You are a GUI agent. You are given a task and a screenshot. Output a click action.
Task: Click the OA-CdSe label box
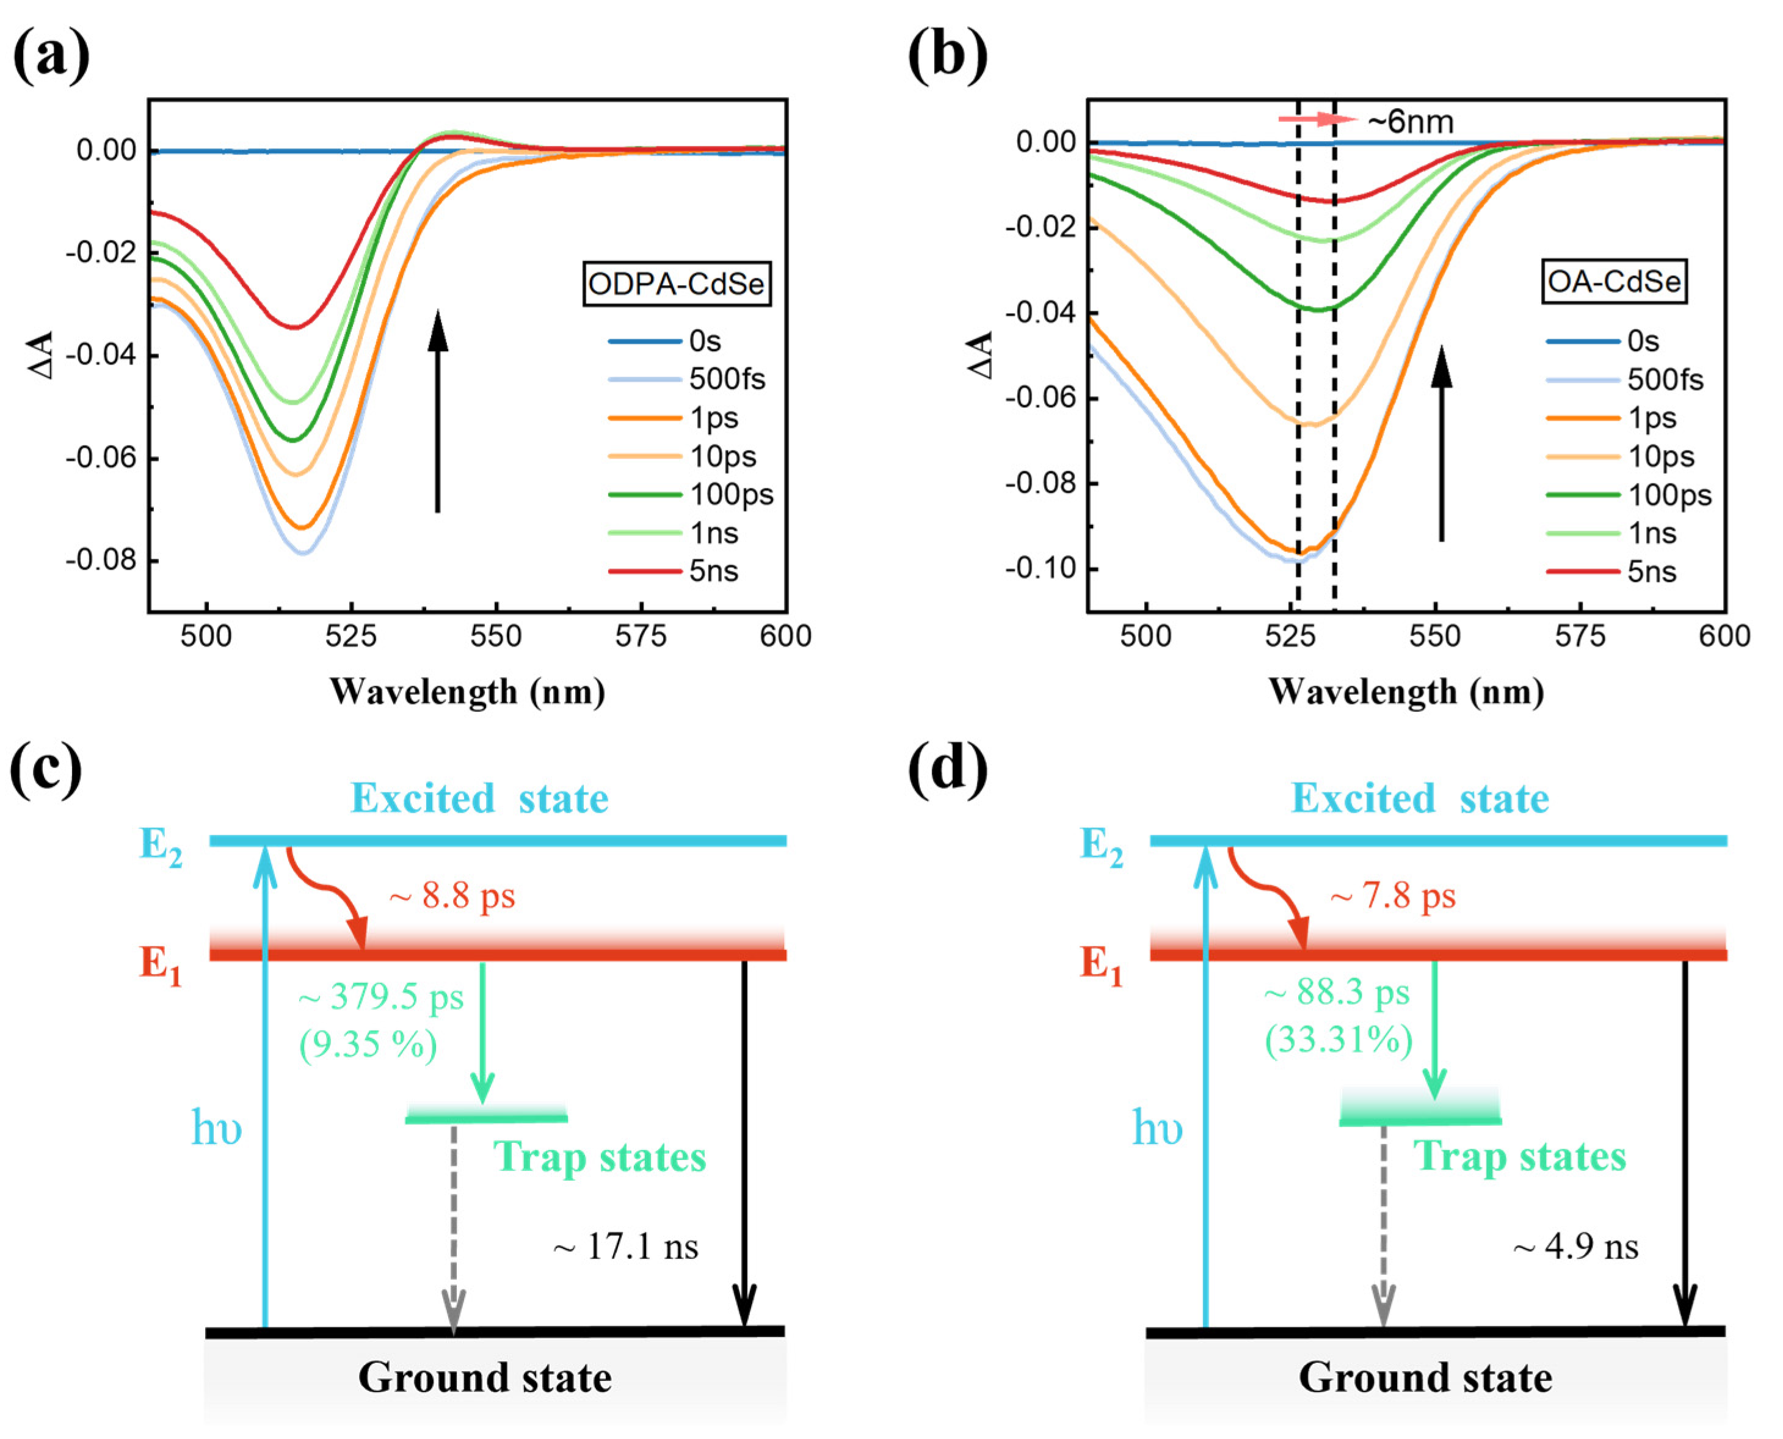tap(1613, 282)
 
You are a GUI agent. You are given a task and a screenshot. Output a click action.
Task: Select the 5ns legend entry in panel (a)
tap(713, 571)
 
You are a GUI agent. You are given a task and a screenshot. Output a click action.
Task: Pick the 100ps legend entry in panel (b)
tap(1669, 495)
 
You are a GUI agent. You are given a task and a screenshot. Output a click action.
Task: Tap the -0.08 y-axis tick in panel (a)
tap(101, 560)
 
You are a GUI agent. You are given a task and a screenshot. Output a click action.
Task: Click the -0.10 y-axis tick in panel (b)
tap(1039, 568)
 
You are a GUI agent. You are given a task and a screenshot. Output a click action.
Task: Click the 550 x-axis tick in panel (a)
tap(496, 637)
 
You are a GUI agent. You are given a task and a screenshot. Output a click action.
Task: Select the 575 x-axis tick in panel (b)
tap(1580, 637)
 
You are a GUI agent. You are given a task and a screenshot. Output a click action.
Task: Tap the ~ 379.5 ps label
tap(380, 996)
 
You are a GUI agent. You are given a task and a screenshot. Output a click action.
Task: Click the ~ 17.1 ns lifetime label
tap(626, 1246)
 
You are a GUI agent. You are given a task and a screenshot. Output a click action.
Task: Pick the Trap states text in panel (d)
tap(1520, 1156)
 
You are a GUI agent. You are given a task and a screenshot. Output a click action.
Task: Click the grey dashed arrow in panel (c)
tap(454, 1227)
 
